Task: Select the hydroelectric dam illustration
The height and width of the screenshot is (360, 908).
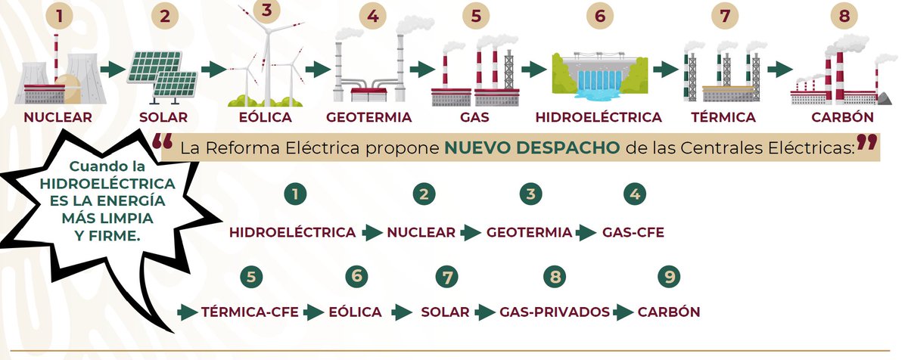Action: (x=598, y=75)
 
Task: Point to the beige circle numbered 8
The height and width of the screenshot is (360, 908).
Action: (x=843, y=17)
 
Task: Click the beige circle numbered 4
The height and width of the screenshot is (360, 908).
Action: (x=371, y=17)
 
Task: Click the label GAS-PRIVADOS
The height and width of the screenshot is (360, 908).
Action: (x=555, y=312)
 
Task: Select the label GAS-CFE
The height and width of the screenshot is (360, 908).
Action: (x=633, y=233)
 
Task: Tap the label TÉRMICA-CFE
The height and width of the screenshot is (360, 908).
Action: (x=250, y=312)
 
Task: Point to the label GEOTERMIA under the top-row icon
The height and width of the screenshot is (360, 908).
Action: (x=368, y=117)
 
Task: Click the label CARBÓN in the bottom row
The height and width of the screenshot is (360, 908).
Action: (x=669, y=312)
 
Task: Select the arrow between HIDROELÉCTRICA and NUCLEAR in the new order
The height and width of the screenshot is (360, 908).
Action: (x=372, y=233)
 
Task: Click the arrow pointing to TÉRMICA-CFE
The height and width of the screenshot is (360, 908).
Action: (x=187, y=312)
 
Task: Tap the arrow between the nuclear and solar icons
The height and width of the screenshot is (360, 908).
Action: (x=113, y=70)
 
